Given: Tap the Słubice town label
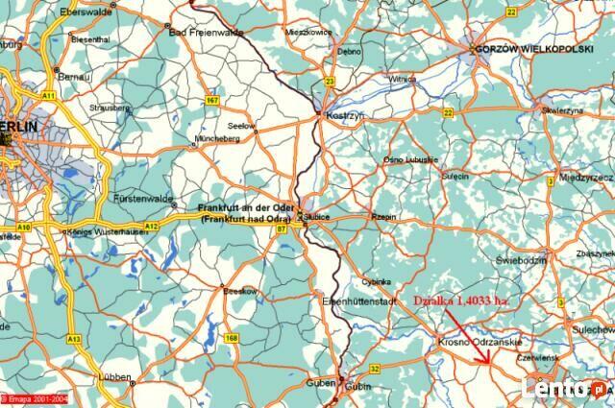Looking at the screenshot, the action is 318,218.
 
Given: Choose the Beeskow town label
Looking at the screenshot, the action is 239,290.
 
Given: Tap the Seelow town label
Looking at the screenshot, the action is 241,127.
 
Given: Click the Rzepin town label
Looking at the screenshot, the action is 383,217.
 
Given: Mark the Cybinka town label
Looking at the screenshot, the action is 376,282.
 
